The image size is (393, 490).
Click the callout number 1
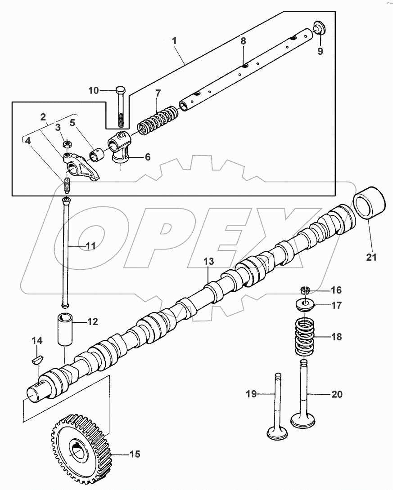175,41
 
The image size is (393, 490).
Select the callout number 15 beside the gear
134,454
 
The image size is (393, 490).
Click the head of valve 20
303,421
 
